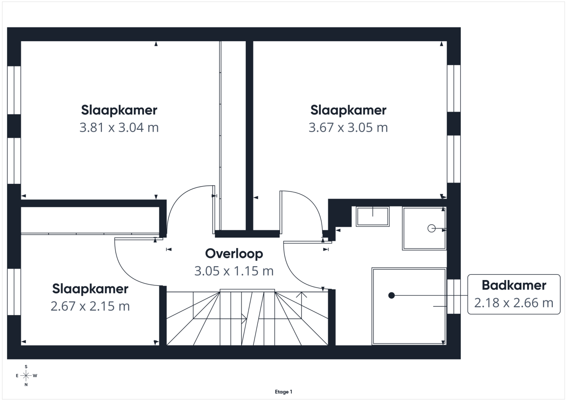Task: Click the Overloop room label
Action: click(x=234, y=253)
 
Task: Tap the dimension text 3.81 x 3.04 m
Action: click(x=119, y=127)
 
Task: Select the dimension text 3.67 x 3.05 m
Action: click(x=348, y=127)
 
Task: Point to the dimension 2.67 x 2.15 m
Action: click(x=90, y=306)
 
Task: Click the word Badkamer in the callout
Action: click(x=514, y=285)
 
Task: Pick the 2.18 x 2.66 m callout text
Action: click(x=513, y=303)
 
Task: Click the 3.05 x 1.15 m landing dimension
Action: click(x=234, y=271)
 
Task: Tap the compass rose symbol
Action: click(x=26, y=375)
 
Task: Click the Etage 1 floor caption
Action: click(x=283, y=392)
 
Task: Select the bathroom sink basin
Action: click(x=373, y=216)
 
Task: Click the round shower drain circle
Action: click(x=431, y=228)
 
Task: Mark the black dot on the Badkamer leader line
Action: click(x=391, y=295)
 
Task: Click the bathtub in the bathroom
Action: click(x=409, y=306)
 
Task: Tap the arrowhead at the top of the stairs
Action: click(x=302, y=295)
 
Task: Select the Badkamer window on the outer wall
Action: click(x=454, y=296)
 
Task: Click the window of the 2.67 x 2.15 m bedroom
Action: click(x=14, y=292)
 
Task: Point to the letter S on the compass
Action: click(x=26, y=366)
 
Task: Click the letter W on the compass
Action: click(x=35, y=375)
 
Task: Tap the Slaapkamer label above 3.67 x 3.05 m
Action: click(x=348, y=110)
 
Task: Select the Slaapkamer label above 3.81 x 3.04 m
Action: click(x=119, y=110)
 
